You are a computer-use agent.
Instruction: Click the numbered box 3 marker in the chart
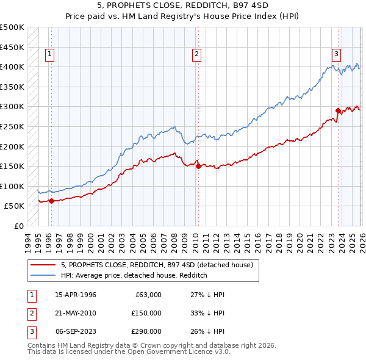click(336, 54)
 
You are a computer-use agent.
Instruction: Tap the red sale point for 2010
click(198, 166)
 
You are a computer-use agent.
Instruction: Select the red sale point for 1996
click(51, 201)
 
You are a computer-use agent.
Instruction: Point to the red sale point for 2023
click(338, 110)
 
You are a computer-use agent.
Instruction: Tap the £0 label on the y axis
click(18, 226)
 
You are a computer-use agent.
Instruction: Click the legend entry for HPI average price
click(134, 275)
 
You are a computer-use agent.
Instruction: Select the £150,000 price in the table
click(146, 313)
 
